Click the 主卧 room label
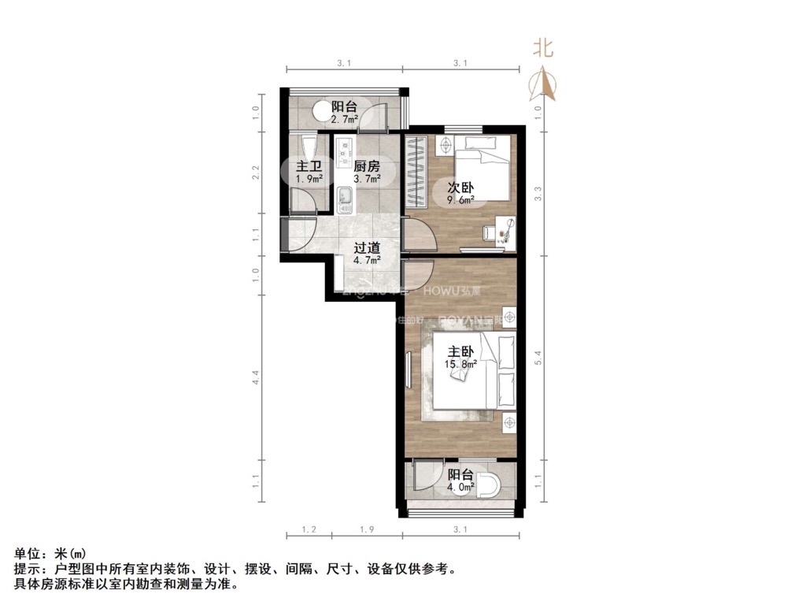click(460, 351)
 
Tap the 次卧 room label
click(460, 187)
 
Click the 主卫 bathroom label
click(309, 166)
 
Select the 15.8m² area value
click(460, 364)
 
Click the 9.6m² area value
click(460, 200)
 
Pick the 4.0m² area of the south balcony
click(460, 488)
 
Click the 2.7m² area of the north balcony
click(344, 120)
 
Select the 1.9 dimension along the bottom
click(366, 530)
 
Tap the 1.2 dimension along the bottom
click(309, 530)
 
